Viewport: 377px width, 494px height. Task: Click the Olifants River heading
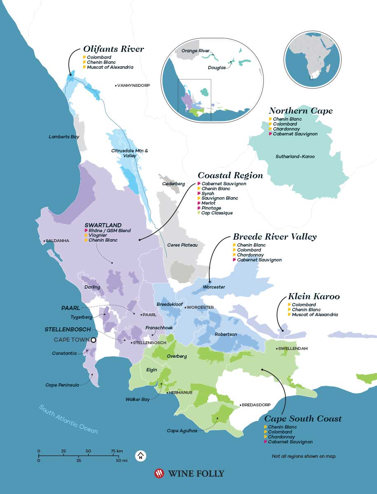(x=114, y=49)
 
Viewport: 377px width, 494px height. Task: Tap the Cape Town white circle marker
(x=93, y=340)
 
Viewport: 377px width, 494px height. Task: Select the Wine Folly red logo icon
(x=159, y=474)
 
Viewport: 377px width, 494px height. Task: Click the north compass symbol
(x=141, y=456)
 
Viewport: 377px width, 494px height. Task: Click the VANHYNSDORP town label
(x=133, y=86)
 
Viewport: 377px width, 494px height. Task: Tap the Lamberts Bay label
(x=64, y=137)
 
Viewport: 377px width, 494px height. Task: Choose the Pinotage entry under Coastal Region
(x=211, y=208)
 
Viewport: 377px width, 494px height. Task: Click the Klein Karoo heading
(x=314, y=296)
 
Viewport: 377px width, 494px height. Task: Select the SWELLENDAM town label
(x=293, y=349)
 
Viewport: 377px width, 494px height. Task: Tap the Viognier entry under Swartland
(x=98, y=235)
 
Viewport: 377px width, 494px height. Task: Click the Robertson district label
(x=226, y=335)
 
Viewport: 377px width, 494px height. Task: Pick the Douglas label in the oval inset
(x=216, y=68)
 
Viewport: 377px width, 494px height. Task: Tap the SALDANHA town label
(x=58, y=241)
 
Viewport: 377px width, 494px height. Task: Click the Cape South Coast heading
(x=303, y=419)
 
